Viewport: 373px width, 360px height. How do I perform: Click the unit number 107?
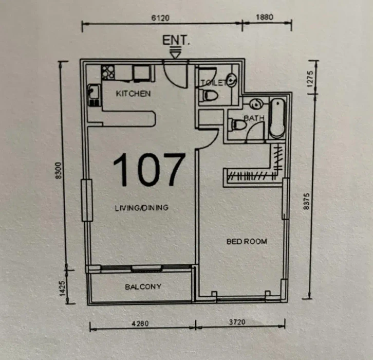tap(148, 169)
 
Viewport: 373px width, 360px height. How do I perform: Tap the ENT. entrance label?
tap(176, 41)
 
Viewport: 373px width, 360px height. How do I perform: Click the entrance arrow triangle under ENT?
tap(176, 52)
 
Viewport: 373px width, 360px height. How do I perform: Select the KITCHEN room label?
tap(133, 94)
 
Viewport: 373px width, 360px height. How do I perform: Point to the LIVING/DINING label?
tap(141, 208)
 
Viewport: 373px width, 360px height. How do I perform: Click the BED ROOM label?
tap(247, 241)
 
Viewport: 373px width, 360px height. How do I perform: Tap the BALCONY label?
tap(143, 286)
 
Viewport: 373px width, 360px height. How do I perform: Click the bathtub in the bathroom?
tap(277, 118)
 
